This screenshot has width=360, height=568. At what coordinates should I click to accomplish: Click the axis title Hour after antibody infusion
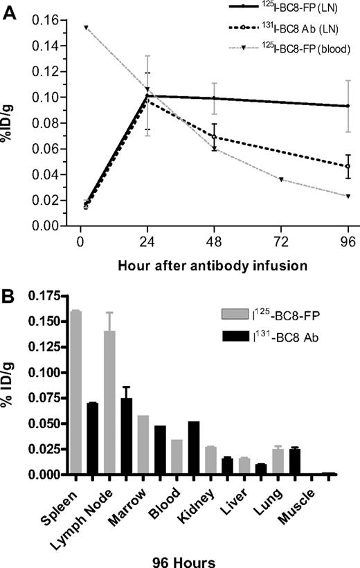pos(201,266)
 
